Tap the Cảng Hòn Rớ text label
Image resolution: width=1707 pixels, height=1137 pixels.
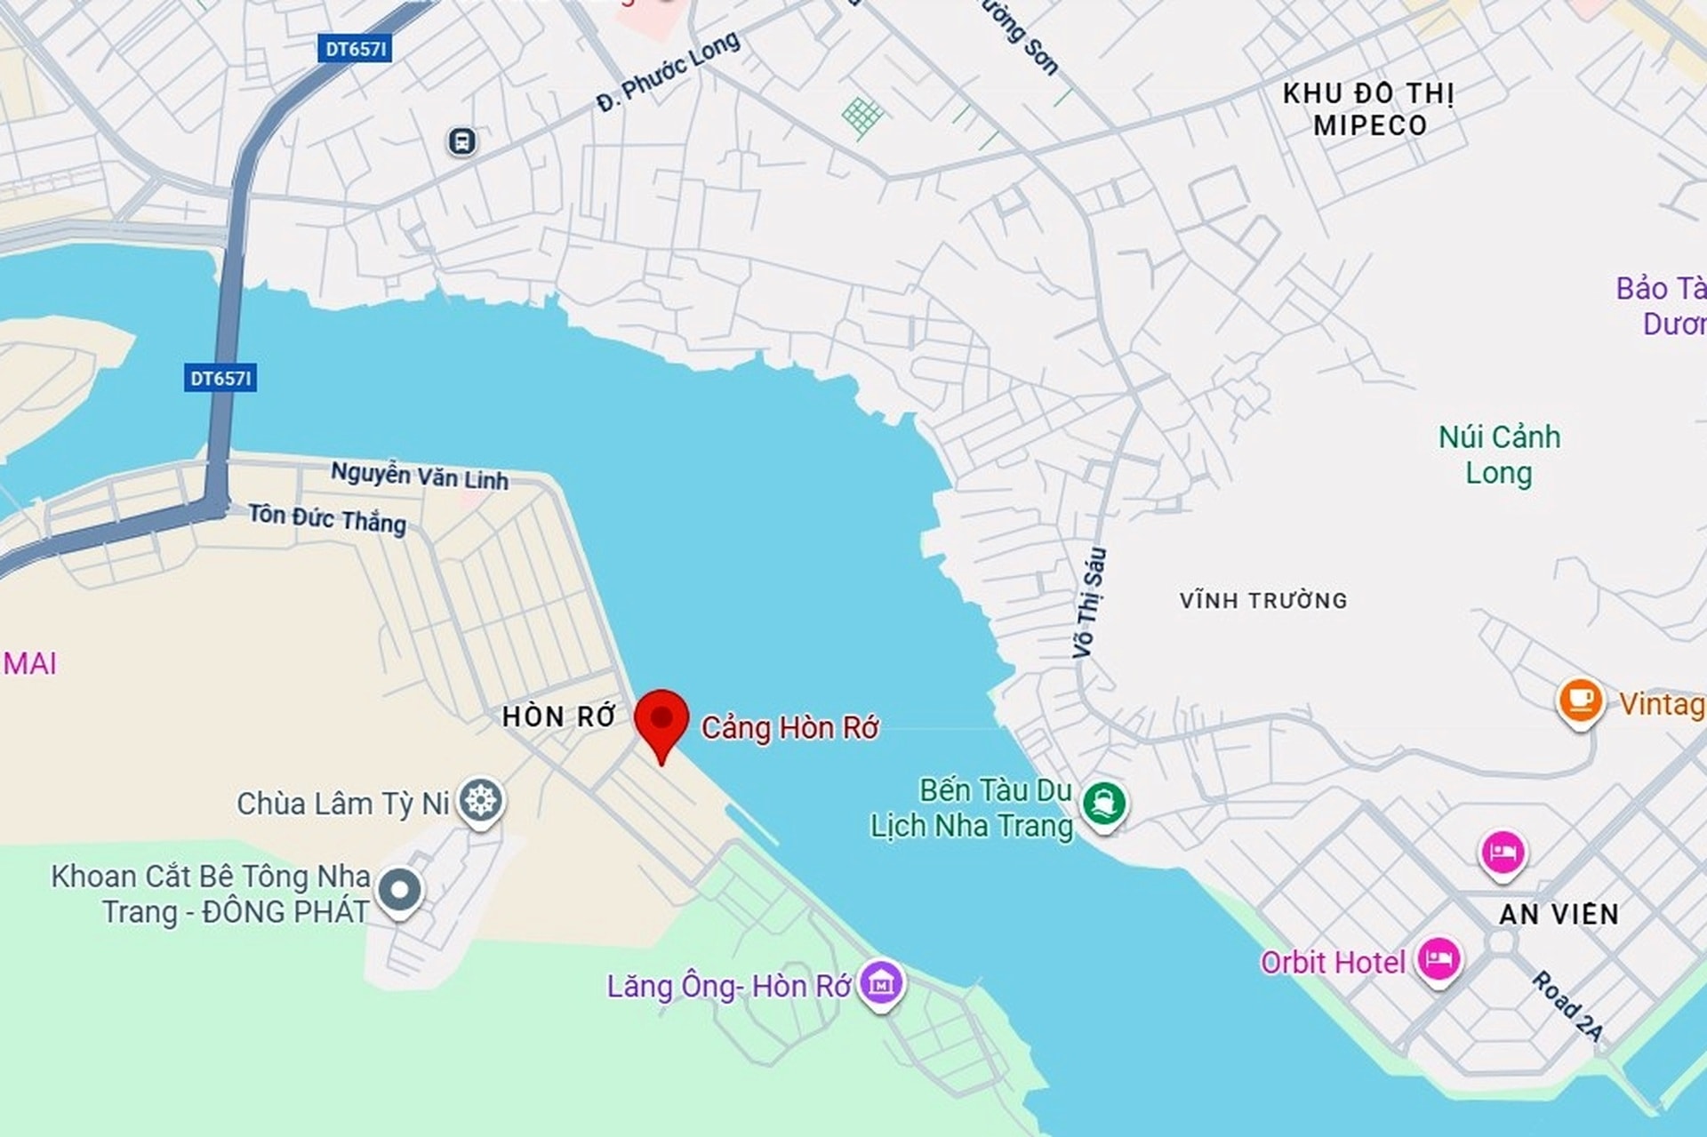(789, 728)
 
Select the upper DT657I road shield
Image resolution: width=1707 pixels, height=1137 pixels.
(355, 49)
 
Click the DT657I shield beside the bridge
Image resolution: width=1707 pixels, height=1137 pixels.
(221, 379)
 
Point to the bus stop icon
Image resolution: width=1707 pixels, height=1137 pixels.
(461, 140)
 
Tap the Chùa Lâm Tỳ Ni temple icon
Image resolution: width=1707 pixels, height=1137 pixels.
(481, 800)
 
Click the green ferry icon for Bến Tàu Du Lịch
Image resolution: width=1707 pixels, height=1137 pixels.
(1103, 804)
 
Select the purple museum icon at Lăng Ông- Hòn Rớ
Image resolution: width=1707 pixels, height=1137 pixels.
(881, 983)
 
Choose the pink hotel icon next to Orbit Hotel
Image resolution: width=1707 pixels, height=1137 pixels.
(1438, 959)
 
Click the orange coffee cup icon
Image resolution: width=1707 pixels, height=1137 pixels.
(1580, 701)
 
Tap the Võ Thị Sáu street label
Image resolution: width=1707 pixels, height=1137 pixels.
(1089, 603)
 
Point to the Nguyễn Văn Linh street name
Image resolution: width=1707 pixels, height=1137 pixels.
(420, 476)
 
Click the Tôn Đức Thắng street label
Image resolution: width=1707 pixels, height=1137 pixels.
(327, 518)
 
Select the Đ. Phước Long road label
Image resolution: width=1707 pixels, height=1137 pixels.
(668, 71)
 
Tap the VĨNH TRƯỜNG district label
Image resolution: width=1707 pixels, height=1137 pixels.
(1263, 601)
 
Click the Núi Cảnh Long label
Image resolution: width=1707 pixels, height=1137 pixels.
(1499, 454)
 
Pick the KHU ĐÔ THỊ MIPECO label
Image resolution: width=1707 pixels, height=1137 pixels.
(1368, 109)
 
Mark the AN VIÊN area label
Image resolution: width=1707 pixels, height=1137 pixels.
(1559, 914)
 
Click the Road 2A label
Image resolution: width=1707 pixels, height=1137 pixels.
(1567, 1005)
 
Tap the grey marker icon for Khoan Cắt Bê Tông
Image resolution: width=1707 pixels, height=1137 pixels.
(400, 890)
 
